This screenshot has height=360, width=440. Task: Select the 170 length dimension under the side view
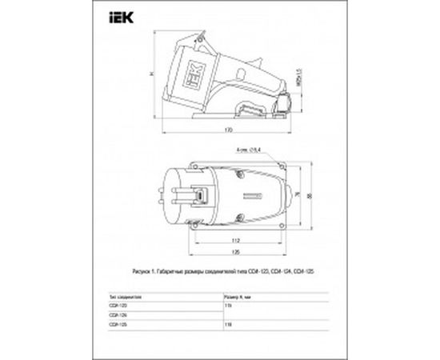tap(228, 129)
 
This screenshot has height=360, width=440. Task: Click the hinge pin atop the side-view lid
tap(209, 38)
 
